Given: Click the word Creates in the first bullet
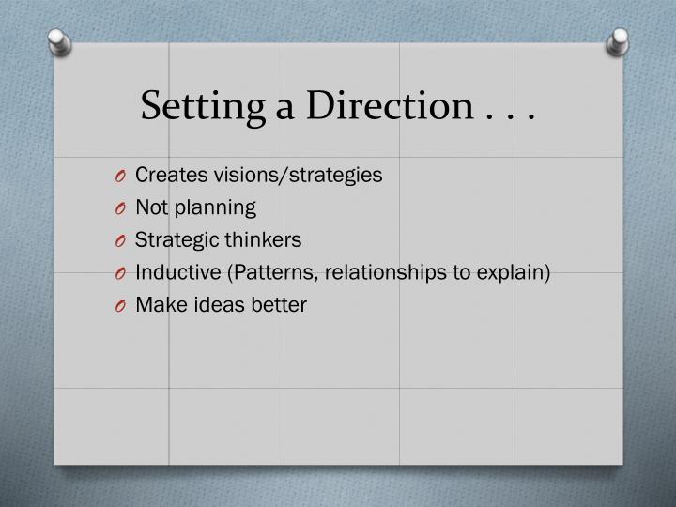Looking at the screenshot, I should click(166, 175).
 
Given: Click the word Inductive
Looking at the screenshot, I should click(172, 272).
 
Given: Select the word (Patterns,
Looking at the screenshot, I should click(253, 272).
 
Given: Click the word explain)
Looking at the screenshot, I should click(515, 273).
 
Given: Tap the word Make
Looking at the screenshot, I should click(156, 305).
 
